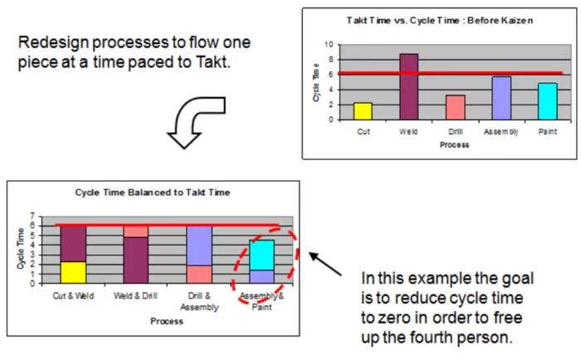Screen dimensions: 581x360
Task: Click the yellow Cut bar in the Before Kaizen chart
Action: click(363, 111)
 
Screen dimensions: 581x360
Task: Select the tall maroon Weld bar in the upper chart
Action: click(409, 86)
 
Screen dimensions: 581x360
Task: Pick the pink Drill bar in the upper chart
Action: click(456, 107)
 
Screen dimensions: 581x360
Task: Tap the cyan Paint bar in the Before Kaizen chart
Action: click(548, 101)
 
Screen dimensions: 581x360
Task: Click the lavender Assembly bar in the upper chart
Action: click(501, 98)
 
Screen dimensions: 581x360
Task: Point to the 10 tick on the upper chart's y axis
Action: click(329, 45)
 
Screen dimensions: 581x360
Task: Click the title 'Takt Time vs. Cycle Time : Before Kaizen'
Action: click(440, 21)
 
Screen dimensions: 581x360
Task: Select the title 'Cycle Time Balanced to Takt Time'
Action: click(153, 192)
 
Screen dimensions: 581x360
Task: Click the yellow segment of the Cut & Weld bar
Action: click(73, 273)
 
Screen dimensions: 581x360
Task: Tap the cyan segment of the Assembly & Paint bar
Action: click(261, 255)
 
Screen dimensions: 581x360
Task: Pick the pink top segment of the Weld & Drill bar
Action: click(135, 231)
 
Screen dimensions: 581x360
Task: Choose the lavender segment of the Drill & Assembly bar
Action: click(199, 246)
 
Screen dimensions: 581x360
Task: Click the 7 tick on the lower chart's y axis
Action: click(32, 216)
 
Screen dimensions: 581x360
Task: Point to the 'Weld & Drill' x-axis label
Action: click(135, 296)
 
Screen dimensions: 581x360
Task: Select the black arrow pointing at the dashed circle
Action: click(325, 264)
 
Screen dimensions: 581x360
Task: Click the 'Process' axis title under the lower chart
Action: click(167, 321)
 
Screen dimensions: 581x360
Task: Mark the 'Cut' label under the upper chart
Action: click(364, 132)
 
